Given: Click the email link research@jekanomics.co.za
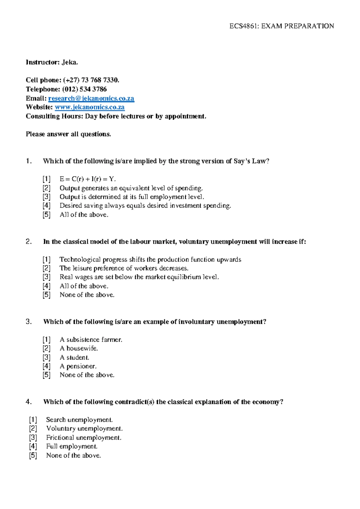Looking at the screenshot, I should click(91, 98).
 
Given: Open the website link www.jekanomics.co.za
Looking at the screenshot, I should click(90, 107).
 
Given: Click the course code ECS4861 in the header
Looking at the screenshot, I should click(243, 26).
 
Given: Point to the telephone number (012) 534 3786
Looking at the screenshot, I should click(84, 89).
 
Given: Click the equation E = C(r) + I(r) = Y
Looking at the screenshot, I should click(88, 179).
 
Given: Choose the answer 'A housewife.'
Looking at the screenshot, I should click(79, 348).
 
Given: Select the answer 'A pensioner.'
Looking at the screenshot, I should click(78, 366).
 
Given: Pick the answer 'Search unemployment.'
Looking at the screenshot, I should click(79, 420).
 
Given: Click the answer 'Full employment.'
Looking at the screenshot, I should click(72, 447).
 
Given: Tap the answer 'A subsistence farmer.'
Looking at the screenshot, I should click(91, 340).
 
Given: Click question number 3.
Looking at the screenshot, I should click(28, 322).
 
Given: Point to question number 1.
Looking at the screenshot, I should click(28, 161).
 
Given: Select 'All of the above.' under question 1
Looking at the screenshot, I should click(84, 215).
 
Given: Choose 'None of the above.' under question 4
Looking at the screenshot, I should click(73, 456).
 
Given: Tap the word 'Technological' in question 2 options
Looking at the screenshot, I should click(80, 260).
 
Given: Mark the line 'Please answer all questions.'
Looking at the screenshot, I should click(68, 134).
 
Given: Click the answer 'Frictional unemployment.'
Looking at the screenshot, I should click(84, 438).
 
